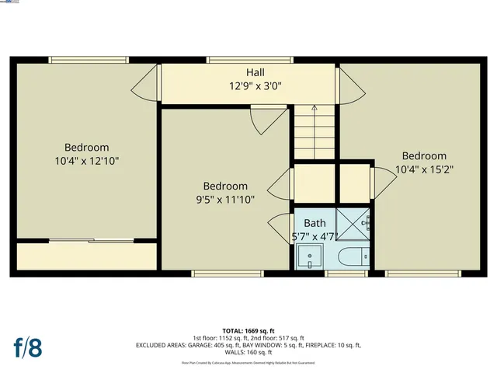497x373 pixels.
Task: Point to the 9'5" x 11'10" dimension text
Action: click(225, 200)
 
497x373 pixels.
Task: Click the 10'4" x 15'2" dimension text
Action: click(424, 169)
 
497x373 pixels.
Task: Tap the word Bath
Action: click(315, 224)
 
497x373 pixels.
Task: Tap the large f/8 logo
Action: click(27, 347)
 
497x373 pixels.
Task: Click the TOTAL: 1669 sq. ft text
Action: click(248, 329)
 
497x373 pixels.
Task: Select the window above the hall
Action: click(249, 59)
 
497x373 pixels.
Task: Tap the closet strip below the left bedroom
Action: click(86, 256)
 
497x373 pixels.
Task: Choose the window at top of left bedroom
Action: click(88, 59)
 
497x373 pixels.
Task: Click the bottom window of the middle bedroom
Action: click(217, 274)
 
